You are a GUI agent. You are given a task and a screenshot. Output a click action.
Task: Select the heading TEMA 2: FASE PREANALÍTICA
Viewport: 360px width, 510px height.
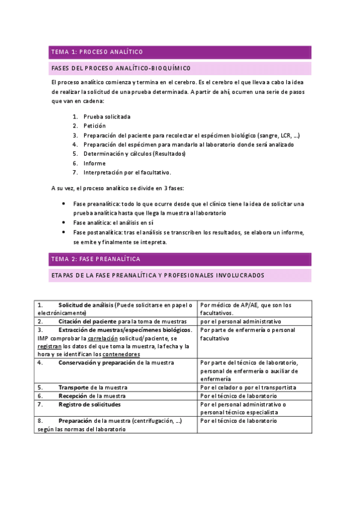[96, 259]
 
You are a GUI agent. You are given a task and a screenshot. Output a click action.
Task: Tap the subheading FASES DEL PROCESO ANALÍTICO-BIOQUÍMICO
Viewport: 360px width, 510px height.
[121, 68]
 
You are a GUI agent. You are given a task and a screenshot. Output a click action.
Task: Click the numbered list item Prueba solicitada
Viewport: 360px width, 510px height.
[107, 117]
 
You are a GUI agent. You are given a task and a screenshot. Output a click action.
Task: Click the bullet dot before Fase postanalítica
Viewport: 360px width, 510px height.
[64, 232]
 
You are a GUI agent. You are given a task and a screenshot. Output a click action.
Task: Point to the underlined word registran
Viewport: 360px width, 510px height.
[49, 347]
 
